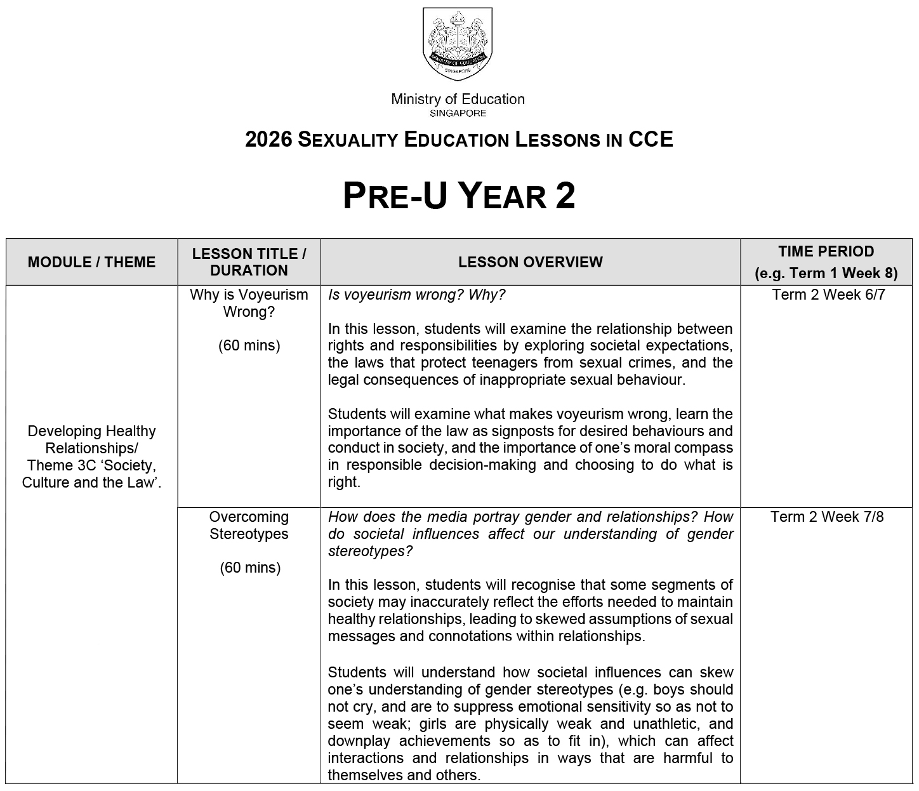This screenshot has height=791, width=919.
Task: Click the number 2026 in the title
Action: click(268, 140)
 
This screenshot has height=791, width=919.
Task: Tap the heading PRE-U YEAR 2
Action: click(459, 196)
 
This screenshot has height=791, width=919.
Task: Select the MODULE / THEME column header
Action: click(91, 262)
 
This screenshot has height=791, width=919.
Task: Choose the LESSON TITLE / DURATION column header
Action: click(249, 262)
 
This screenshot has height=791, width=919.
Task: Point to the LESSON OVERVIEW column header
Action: click(530, 262)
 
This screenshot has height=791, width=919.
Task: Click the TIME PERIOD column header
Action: click(826, 262)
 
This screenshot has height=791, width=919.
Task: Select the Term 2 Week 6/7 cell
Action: click(828, 295)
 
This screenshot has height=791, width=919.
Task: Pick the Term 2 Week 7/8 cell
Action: click(827, 517)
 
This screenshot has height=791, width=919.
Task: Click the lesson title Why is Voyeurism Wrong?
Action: click(249, 303)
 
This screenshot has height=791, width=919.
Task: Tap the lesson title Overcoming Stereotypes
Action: click(249, 526)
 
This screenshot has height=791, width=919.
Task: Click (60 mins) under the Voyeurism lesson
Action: click(249, 346)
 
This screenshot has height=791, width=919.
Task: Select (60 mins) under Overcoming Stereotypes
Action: click(249, 568)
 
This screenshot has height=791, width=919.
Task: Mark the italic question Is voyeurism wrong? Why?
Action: click(416, 295)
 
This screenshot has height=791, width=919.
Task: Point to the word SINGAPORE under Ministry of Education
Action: click(458, 114)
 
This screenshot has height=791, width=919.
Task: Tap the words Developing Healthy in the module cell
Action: click(91, 431)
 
